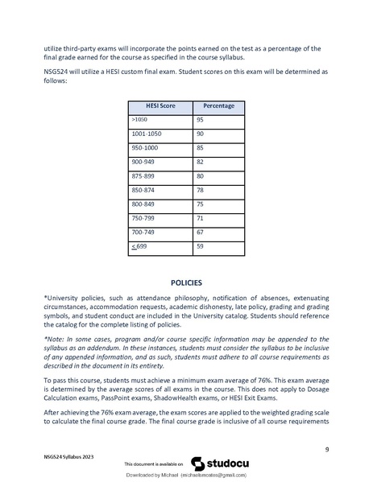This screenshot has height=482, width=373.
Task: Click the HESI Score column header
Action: (162, 105)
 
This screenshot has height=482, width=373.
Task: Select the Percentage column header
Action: (218, 105)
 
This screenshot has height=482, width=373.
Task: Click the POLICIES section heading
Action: (186, 283)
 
